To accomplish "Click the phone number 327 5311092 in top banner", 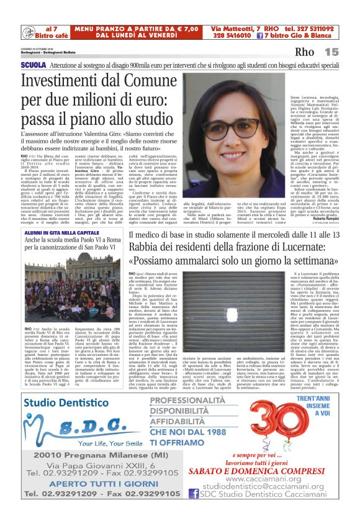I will [x=311, y=29].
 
